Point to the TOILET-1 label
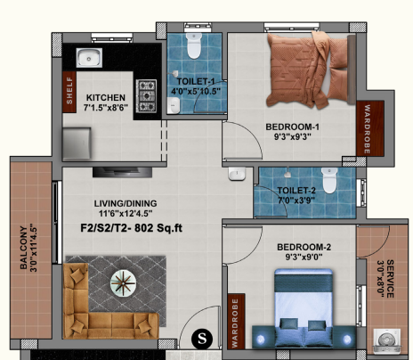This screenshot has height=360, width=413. coord(193,82)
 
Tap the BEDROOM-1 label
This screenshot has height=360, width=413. coord(293,127)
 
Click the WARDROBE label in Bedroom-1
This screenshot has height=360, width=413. coord(363,131)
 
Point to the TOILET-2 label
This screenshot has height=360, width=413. coord(296,191)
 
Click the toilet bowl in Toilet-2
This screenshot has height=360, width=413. coord(328,183)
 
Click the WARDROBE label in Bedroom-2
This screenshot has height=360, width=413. coord(235,321)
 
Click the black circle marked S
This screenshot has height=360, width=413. coord(202,338)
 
